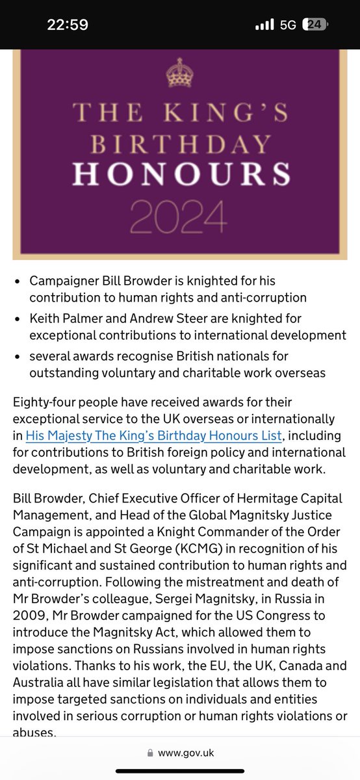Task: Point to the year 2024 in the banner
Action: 180,216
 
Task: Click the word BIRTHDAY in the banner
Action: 180,142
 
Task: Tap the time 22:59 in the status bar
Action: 67,25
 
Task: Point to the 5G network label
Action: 289,25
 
